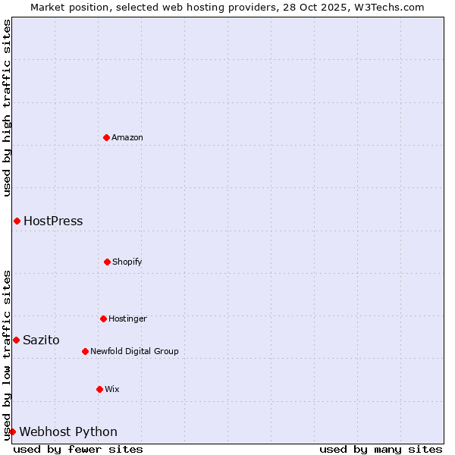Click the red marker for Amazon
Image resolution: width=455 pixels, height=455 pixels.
point(106,137)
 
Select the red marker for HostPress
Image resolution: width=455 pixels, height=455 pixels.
point(17,221)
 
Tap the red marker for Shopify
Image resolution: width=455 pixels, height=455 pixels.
point(107,262)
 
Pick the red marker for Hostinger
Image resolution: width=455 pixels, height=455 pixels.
point(103,318)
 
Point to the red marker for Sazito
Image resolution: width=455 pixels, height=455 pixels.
point(16,340)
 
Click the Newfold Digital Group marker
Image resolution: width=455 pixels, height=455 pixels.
point(85,351)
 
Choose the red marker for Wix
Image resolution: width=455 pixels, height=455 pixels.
point(99,389)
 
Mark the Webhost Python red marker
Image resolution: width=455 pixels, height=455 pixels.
point(12,431)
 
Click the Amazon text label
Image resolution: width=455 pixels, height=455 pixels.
point(127,137)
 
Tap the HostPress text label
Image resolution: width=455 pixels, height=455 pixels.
point(53,221)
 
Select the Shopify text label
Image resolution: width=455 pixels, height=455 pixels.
point(127,262)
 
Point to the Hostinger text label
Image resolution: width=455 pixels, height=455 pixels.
point(127,318)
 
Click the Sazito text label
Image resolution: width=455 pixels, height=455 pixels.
point(41,340)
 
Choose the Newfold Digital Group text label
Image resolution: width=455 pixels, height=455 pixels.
point(134,351)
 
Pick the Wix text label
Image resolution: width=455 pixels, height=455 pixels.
point(112,389)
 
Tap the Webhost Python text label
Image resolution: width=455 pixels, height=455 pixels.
point(68,432)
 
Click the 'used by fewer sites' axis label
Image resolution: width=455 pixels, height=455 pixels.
point(78,449)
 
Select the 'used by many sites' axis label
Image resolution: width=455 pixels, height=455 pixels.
point(381,449)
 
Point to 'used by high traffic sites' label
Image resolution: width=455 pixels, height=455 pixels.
point(7,108)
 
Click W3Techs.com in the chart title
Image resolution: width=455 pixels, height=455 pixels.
point(387,7)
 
